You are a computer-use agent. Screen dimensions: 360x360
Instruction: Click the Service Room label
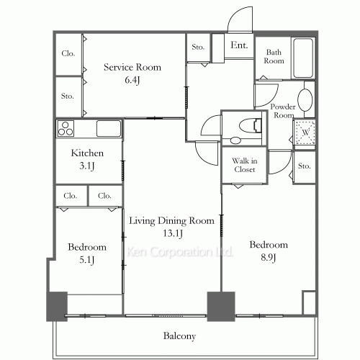pos(132,67)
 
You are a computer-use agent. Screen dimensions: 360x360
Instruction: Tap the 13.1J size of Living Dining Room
pos(173,233)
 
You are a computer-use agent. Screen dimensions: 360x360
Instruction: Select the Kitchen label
pos(87,153)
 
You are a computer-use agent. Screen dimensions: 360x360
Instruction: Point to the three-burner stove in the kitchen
pos(66,128)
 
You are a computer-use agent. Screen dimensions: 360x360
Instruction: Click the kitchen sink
pos(109,128)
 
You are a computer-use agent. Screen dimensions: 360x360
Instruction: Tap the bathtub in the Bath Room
pos(303,58)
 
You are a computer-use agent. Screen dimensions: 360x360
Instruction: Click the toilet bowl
pos(250,125)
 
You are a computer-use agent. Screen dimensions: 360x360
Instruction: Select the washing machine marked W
pos(305,132)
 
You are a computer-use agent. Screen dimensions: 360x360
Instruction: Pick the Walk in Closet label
pos(245,165)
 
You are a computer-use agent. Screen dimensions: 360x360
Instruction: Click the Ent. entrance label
pos(239,45)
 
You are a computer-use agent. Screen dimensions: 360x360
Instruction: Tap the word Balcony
pos(179,336)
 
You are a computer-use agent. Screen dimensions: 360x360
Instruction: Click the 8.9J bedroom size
pos(269,258)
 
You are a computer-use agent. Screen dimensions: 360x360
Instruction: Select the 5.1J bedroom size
pos(87,260)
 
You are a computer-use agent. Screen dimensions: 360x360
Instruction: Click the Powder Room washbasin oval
pos(305,100)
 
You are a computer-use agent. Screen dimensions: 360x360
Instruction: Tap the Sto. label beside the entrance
pos(198,47)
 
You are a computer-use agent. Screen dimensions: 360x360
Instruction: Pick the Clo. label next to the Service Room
pos(68,53)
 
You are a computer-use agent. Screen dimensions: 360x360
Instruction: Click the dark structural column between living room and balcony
pos(221,307)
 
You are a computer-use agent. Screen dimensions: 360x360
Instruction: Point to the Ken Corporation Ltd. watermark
pos(179,252)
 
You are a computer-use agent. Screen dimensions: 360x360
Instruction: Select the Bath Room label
pos(274,56)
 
